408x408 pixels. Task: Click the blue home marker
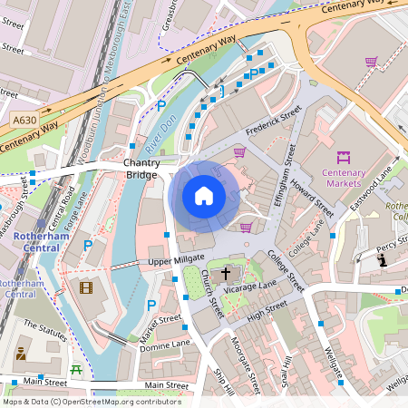[x=204, y=196]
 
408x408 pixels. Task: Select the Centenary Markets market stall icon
[x=344, y=157]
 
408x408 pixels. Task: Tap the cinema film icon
[x=85, y=288]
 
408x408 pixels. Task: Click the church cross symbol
[x=226, y=271]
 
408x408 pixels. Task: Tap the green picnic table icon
[x=77, y=370]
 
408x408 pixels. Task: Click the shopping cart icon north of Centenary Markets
[x=371, y=63]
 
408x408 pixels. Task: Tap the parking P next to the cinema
[x=88, y=246]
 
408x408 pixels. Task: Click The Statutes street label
[x=45, y=329]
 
